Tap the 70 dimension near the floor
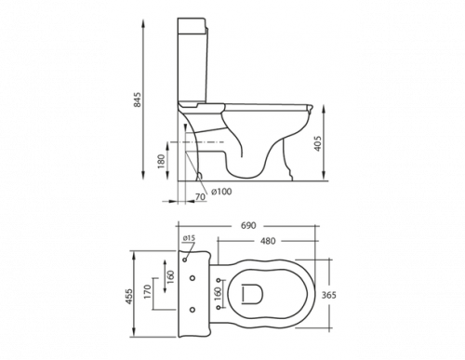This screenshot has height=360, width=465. [x=201, y=198]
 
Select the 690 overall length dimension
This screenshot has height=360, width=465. [x=249, y=225]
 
